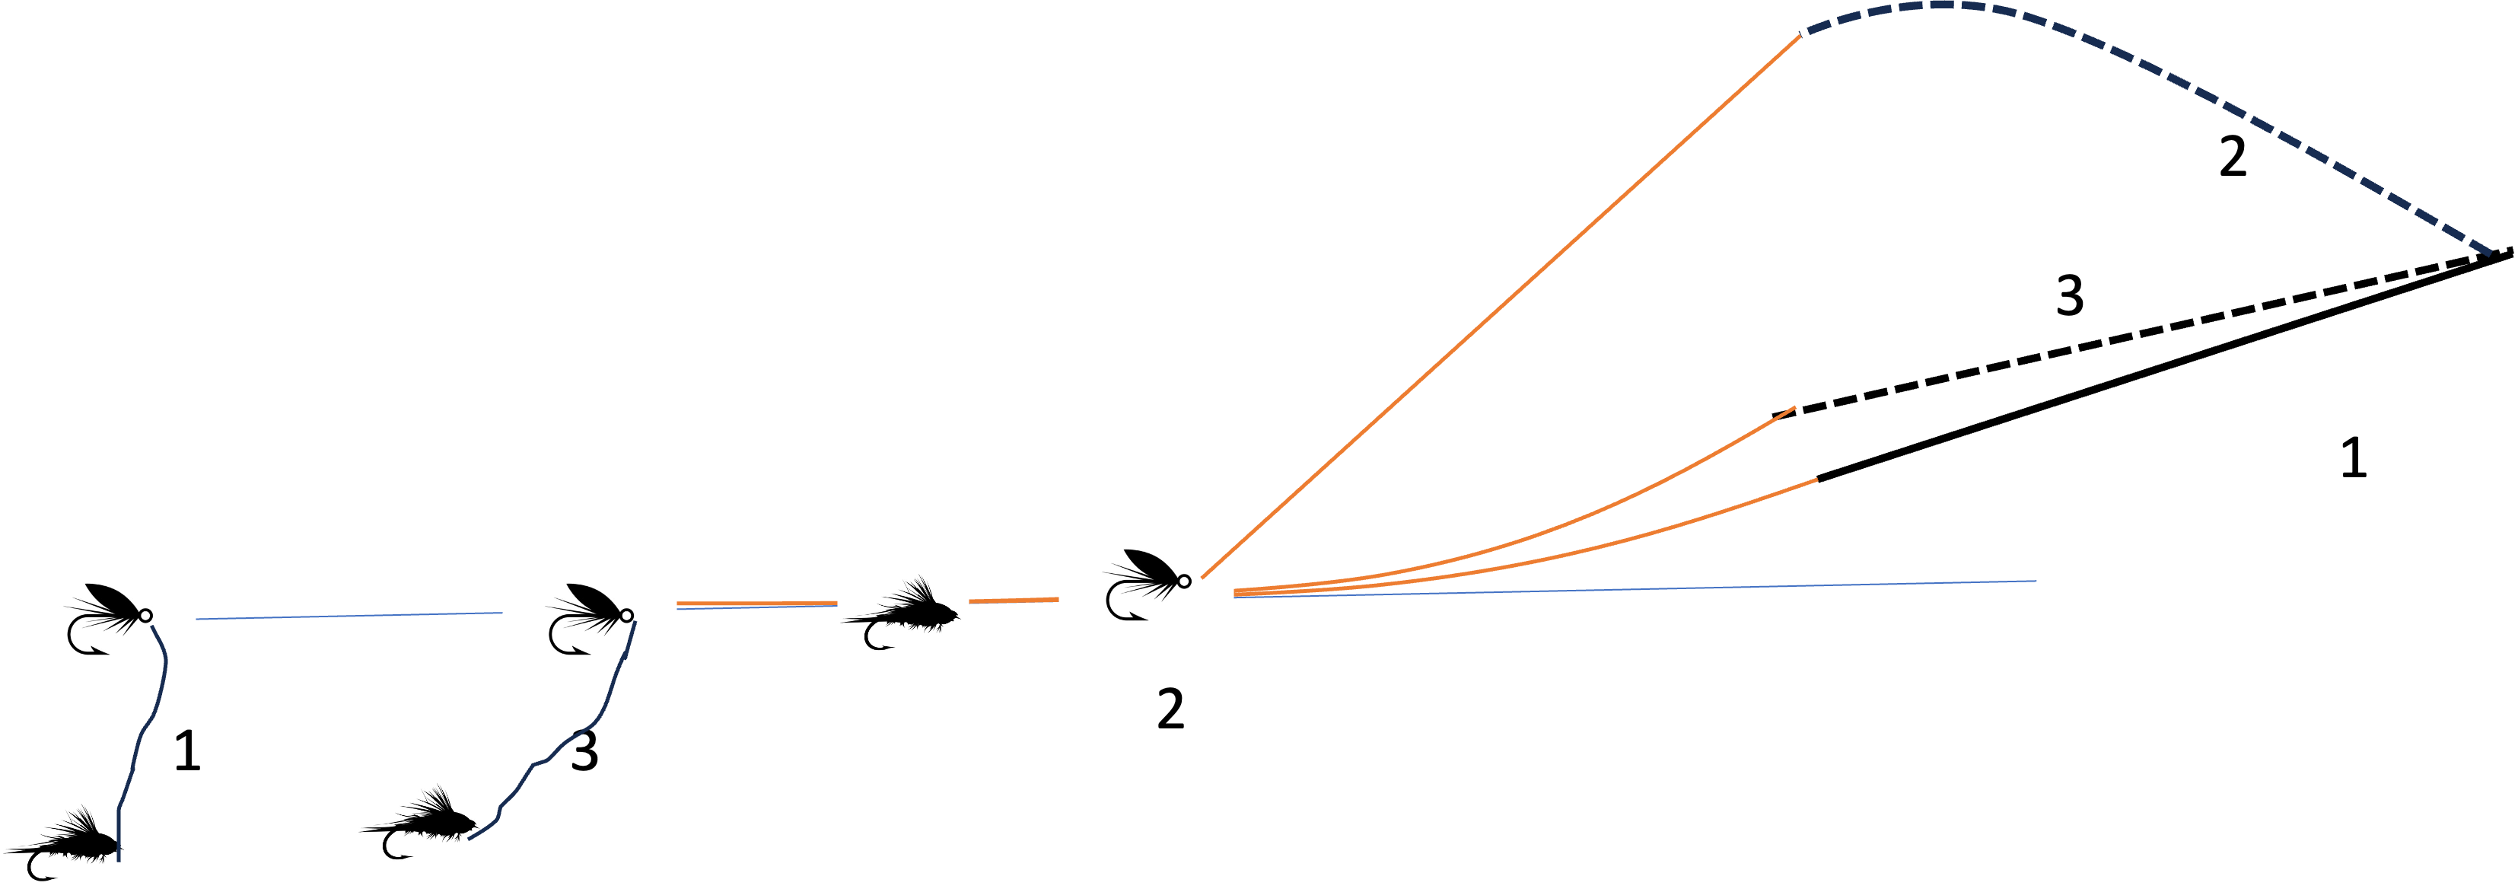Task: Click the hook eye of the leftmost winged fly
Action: (x=145, y=615)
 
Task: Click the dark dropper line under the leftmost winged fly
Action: (x=147, y=724)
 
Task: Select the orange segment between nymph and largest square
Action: (x=1014, y=600)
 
